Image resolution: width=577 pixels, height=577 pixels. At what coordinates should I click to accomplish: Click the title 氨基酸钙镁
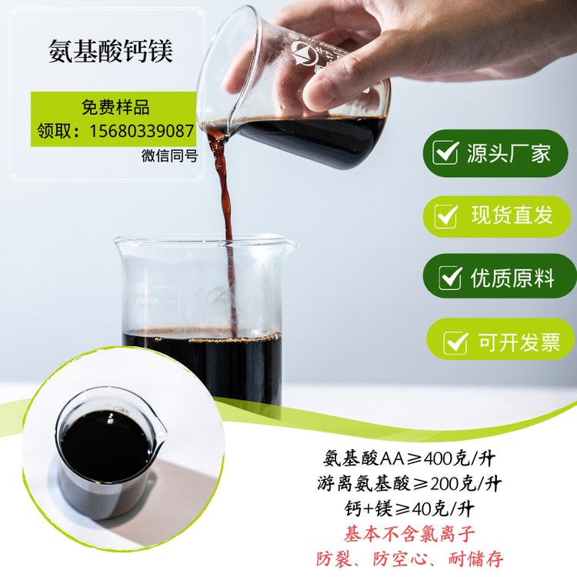(x=111, y=52)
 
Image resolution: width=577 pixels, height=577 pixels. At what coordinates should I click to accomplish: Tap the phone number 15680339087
(x=142, y=131)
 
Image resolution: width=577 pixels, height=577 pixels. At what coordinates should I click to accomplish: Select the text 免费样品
(x=115, y=108)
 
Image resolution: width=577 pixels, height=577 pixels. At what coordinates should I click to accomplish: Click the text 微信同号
(x=170, y=155)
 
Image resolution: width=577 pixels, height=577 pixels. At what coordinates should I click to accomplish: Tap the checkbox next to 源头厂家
(x=445, y=152)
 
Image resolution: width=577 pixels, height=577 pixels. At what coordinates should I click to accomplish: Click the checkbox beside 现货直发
(x=446, y=216)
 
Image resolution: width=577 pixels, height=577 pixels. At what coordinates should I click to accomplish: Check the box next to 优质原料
(x=450, y=278)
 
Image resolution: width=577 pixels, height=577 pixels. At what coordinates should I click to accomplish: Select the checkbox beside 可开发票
(x=455, y=342)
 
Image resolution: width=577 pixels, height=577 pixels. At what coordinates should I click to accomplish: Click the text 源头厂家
(x=509, y=153)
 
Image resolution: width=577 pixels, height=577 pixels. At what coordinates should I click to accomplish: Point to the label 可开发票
(x=519, y=342)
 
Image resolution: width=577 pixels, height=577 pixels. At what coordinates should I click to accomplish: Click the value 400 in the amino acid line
(x=439, y=459)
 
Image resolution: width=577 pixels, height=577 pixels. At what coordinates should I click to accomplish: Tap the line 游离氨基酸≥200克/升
(x=409, y=484)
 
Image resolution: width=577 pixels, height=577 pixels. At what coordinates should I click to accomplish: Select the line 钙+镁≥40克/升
(x=409, y=509)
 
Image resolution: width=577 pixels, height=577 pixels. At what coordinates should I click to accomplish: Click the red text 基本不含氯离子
(x=409, y=535)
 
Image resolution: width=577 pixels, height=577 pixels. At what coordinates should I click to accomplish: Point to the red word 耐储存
(x=475, y=559)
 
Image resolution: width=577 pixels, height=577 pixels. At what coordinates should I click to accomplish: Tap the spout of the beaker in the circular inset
(x=162, y=430)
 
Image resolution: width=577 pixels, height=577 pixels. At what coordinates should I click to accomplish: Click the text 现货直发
(x=512, y=215)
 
